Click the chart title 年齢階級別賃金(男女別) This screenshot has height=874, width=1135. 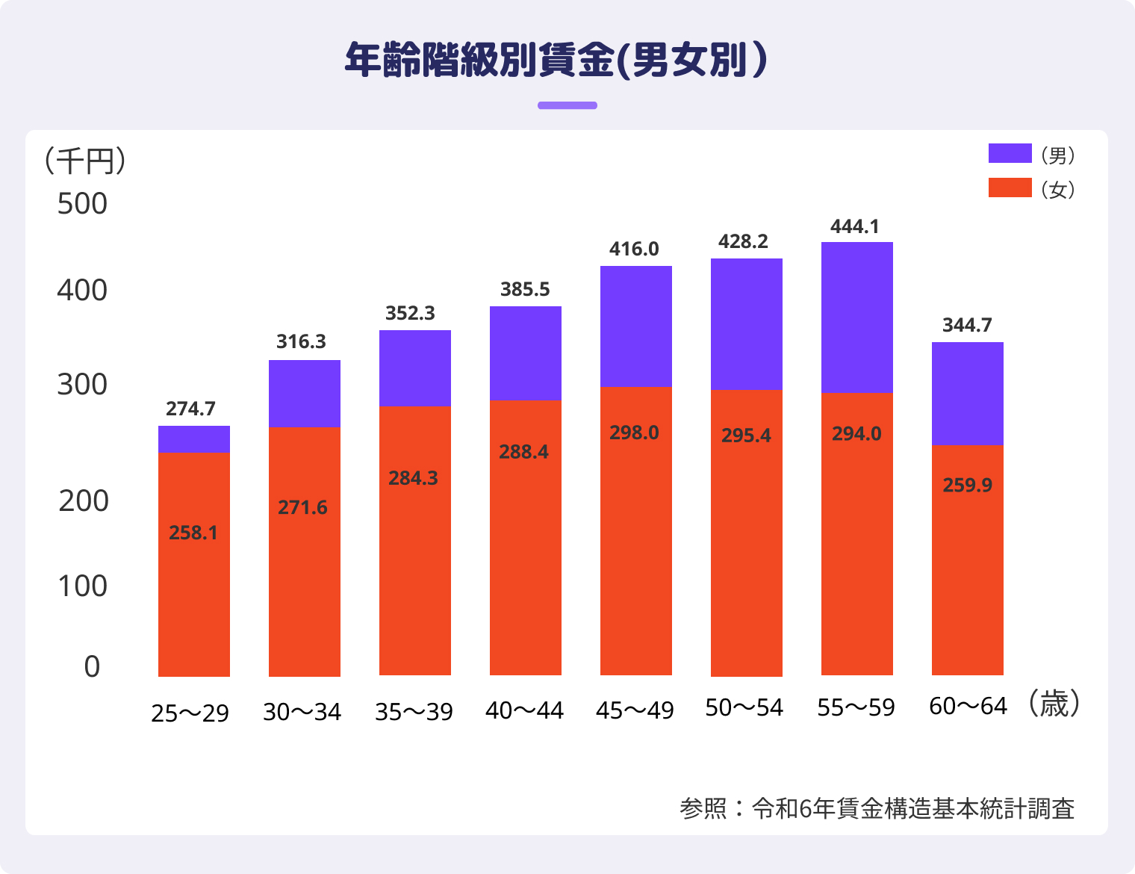point(556,60)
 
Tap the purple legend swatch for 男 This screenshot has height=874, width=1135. point(1010,153)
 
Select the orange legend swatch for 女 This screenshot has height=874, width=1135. point(1010,187)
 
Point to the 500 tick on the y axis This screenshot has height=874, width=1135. point(82,204)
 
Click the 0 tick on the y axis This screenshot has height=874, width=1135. point(92,666)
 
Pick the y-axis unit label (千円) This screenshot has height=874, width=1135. point(84,161)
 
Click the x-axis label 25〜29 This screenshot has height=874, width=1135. point(190,713)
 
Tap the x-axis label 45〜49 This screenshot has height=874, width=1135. point(635,710)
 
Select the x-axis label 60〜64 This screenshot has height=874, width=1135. point(968,706)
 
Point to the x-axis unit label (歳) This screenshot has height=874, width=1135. point(1054,704)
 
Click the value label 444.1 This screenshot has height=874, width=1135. point(855,226)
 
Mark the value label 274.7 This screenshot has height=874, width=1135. point(190,409)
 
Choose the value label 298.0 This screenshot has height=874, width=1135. point(634,433)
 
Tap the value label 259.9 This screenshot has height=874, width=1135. point(967,485)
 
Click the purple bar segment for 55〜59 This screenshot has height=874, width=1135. point(856,317)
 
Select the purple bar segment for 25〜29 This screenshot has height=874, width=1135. point(193,439)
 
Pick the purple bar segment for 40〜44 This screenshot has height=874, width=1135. point(525,353)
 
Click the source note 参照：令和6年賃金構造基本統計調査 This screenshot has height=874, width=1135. point(877,808)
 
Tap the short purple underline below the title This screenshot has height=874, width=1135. point(567,105)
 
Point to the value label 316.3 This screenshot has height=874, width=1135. point(301,341)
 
